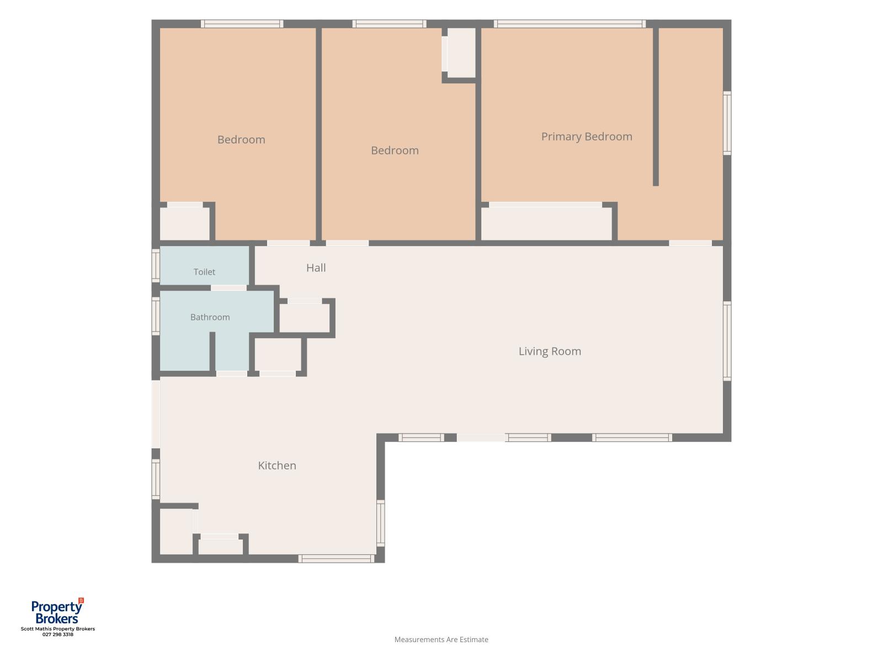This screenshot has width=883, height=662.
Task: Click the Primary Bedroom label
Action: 586,137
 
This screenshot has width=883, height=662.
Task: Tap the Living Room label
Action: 550,351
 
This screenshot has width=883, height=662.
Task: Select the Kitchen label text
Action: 277,466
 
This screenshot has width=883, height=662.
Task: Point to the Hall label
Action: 316,268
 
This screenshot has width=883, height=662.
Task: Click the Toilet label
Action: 204,272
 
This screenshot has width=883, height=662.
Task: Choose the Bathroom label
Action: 210,317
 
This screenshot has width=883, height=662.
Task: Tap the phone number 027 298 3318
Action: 58,634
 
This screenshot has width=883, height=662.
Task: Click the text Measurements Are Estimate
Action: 441,639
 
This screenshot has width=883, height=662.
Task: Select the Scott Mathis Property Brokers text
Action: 58,629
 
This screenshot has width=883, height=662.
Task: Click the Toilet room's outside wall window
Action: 156,265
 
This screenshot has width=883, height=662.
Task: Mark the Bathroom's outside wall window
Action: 156,316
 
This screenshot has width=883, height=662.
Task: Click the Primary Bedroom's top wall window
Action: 570,24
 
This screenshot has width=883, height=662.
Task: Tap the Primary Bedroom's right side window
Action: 727,123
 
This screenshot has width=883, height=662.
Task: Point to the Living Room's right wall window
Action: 727,341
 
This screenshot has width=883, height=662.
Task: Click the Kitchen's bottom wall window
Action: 336,559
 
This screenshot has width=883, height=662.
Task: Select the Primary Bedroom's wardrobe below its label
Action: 546,223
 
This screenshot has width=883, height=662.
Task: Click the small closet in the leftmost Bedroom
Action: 185,223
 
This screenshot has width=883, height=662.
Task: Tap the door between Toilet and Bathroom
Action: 228,288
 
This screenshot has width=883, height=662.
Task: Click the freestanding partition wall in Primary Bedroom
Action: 655,106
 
